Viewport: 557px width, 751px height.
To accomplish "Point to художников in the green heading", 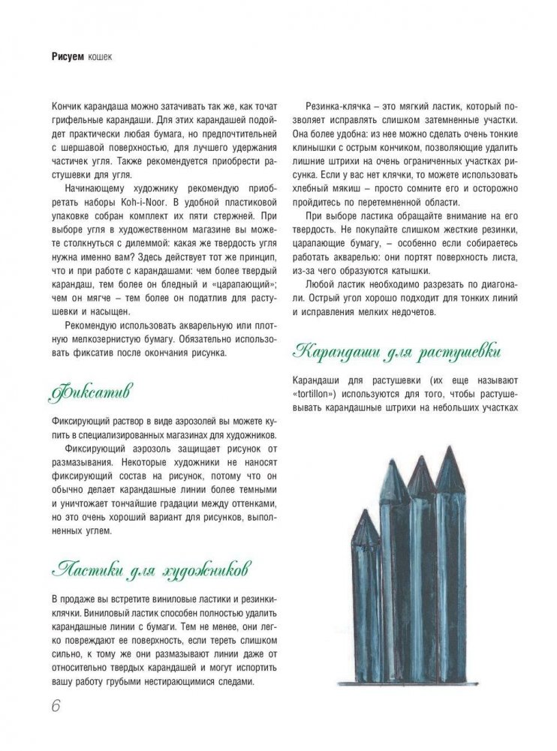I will (208, 568).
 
